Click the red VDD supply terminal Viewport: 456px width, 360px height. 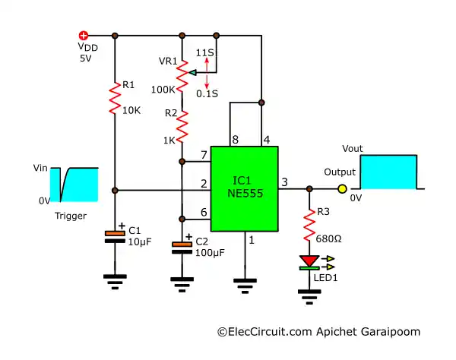tap(84, 35)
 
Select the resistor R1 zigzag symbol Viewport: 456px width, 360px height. tap(115, 96)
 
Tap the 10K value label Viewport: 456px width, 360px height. tap(131, 110)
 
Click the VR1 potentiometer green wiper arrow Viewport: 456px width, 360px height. tap(194, 72)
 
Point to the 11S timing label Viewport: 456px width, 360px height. tap(205, 53)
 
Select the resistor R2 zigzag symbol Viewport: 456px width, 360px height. tap(182, 126)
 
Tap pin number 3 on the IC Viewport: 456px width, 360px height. tap(284, 182)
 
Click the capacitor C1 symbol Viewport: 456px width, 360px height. tap(115, 235)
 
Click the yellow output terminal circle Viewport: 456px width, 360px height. tap(342, 189)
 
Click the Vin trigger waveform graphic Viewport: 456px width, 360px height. tap(74, 185)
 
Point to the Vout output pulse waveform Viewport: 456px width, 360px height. tap(389, 172)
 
